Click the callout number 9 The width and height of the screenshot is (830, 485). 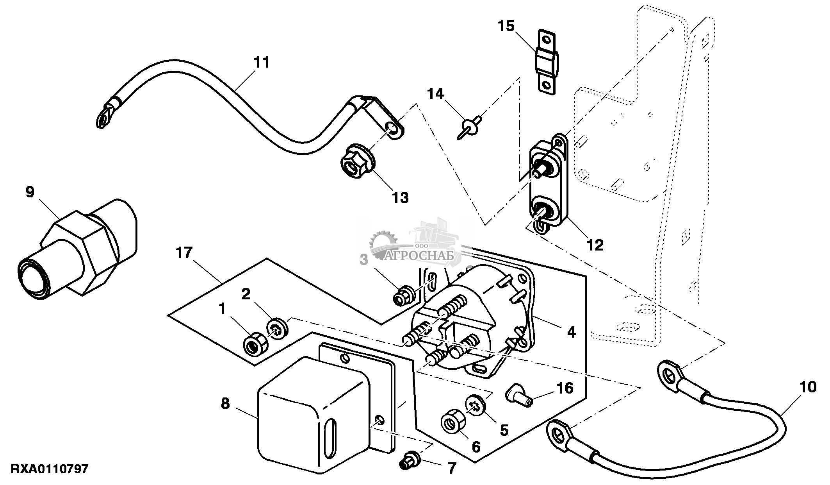[x=30, y=193]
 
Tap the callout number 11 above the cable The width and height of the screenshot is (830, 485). [x=262, y=63]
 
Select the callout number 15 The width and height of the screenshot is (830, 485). [x=506, y=26]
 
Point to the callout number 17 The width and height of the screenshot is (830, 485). [x=184, y=253]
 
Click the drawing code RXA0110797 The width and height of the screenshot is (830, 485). [x=49, y=469]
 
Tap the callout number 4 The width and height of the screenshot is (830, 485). [x=571, y=332]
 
